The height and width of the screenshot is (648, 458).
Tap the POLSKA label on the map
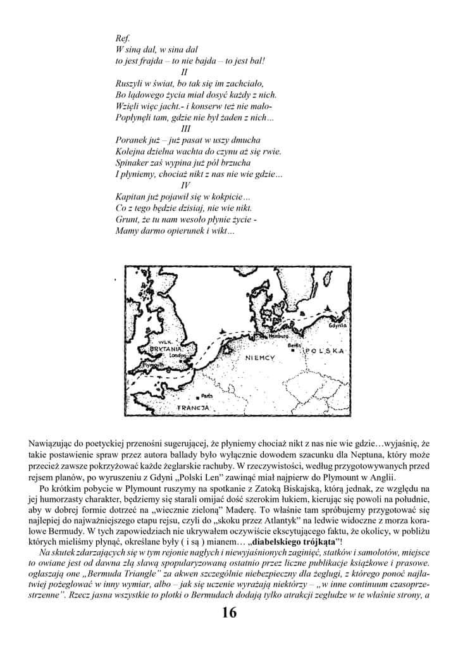tap(324, 351)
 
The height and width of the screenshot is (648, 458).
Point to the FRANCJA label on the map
tap(192, 408)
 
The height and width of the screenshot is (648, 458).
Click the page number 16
tap(229, 613)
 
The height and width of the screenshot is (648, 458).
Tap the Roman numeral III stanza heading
tap(185, 128)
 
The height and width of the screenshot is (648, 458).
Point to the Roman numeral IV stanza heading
tap(185, 185)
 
